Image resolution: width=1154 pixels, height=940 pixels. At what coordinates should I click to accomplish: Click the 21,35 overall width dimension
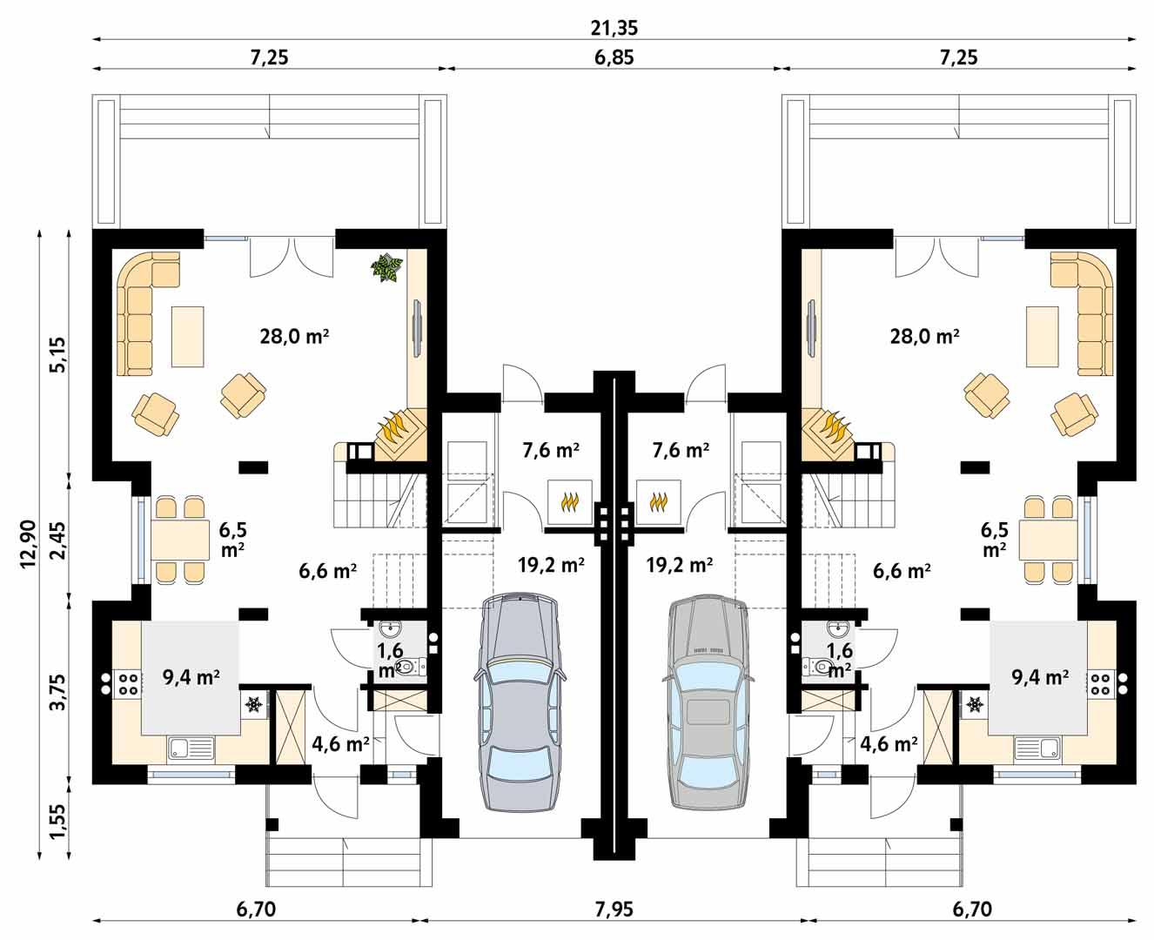pyautogui.click(x=614, y=27)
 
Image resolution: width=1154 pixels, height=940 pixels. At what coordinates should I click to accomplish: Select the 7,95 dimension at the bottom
pyautogui.click(x=614, y=910)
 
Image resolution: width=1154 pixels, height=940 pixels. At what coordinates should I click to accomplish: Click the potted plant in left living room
pyautogui.click(x=386, y=267)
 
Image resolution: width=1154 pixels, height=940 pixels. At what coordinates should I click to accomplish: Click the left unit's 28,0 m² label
pyautogui.click(x=294, y=336)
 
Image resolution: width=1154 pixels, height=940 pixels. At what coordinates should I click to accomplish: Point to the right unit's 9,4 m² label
pyautogui.click(x=1040, y=677)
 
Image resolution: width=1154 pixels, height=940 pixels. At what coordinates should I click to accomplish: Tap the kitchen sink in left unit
pyautogui.click(x=191, y=747)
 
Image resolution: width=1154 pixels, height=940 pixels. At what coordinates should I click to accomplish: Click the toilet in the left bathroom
pyautogui.click(x=413, y=667)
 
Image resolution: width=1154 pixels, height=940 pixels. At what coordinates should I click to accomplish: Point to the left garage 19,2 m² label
pyautogui.click(x=550, y=564)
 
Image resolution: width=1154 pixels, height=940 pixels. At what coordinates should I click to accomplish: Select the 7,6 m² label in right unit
pyautogui.click(x=681, y=451)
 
